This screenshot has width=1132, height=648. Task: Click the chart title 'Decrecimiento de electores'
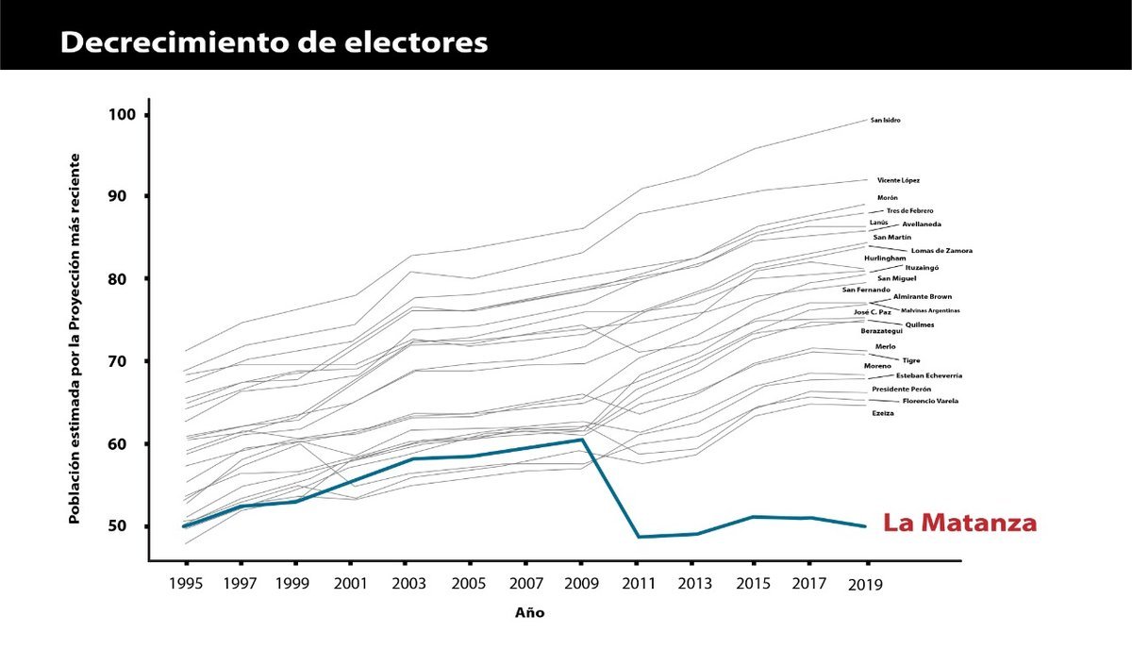point(274,43)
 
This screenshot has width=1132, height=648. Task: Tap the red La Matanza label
point(959,523)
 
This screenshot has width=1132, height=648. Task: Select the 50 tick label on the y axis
point(127,526)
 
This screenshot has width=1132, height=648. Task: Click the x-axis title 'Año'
point(529,613)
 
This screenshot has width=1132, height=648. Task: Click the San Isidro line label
point(884,121)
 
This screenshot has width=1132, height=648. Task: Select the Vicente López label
point(898,180)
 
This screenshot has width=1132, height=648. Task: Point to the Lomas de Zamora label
point(941,251)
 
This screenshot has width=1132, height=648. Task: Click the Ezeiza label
point(883,414)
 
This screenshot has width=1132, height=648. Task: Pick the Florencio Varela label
point(930,402)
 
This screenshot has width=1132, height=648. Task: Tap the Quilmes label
point(920,325)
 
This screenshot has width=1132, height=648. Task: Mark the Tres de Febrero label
point(909,211)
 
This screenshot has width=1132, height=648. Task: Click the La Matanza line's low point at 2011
point(641,537)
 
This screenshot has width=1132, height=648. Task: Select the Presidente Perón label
point(901,390)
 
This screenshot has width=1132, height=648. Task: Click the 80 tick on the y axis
point(127,279)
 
